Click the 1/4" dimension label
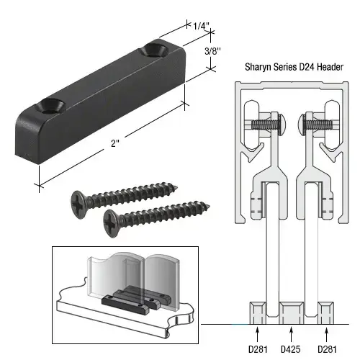(202, 26)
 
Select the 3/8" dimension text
(212, 51)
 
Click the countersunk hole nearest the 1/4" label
(155, 50)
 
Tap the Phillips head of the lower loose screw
(109, 217)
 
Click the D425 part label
(292, 351)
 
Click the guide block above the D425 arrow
(291, 314)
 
